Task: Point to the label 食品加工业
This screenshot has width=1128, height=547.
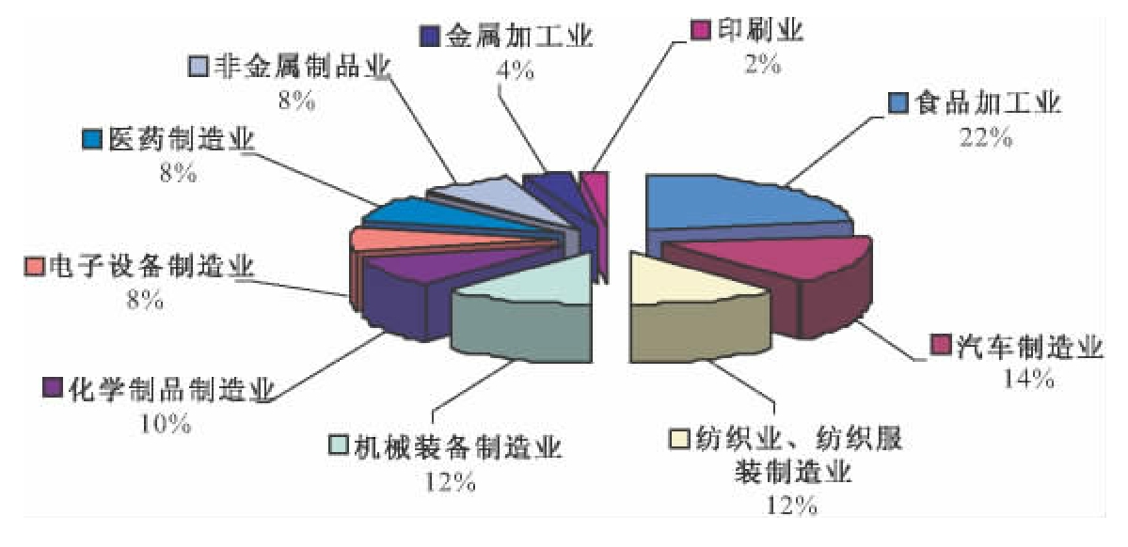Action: pos(987,102)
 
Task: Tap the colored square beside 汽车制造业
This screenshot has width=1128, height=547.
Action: pos(939,345)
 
